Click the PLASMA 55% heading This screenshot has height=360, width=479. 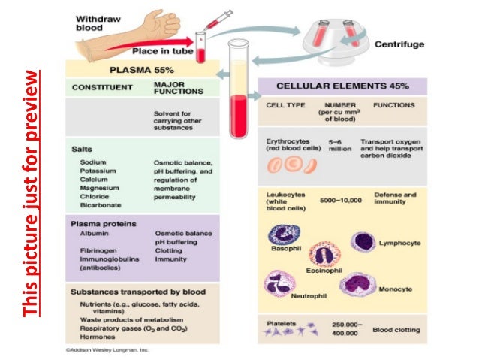pos(139,68)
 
